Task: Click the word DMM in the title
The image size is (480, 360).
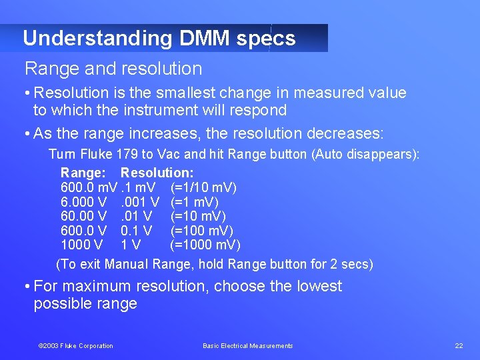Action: [x=205, y=38]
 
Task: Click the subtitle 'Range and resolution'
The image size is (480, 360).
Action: [x=113, y=69]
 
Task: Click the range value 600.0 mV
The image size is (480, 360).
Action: [x=89, y=187]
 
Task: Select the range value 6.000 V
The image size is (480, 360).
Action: [x=83, y=202]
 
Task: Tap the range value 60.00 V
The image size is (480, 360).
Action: [x=83, y=216]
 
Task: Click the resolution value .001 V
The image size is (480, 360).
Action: [x=139, y=202]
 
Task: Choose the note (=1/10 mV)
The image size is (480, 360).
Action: [x=203, y=187]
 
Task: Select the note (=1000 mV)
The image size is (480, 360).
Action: [x=205, y=245]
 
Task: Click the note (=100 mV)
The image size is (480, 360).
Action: [x=201, y=231]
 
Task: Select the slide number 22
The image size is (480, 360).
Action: [x=459, y=345]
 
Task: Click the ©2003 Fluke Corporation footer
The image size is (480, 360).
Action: [x=75, y=345]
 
